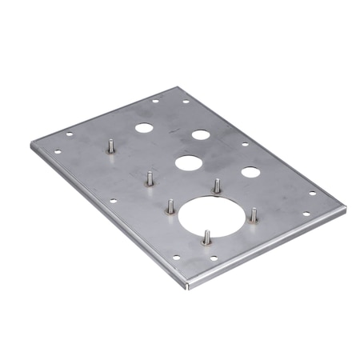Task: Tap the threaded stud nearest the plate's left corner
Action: pos(110,148)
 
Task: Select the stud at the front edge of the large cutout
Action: pos(206,237)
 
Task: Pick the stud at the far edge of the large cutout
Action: pos(216,186)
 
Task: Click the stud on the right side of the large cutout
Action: pos(254,215)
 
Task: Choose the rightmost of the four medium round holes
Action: pos(250,172)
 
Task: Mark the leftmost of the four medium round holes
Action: pos(143,127)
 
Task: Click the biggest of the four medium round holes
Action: pos(189,163)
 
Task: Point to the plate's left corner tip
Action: pos(31,143)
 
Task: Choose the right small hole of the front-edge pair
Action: pos(214,258)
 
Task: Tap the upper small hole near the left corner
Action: pos(69,134)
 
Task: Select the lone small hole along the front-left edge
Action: pos(113,200)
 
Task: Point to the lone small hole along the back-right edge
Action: pos(245,145)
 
